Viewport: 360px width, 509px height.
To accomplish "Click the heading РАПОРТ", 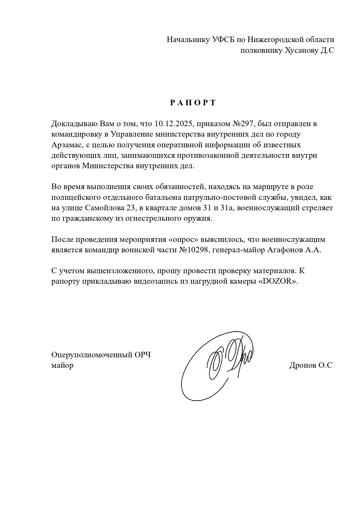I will [x=193, y=103].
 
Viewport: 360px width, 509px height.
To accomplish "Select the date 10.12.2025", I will [x=173, y=124].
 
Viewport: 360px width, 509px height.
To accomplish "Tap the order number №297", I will [x=243, y=124].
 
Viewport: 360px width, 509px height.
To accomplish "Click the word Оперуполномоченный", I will [x=92, y=355].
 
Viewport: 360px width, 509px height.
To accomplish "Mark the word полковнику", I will [x=261, y=50].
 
